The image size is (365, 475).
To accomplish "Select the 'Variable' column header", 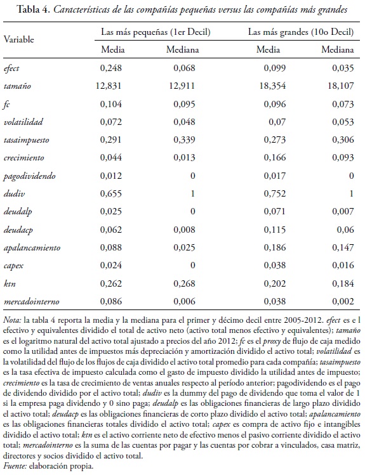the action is click(20, 39).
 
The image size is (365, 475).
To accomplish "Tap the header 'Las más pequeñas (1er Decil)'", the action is click(155, 31).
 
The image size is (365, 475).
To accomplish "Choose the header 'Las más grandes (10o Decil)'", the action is click(300, 31).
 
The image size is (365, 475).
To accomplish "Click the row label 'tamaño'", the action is click(17, 85).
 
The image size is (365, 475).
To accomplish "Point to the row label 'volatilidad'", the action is click(23, 120).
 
